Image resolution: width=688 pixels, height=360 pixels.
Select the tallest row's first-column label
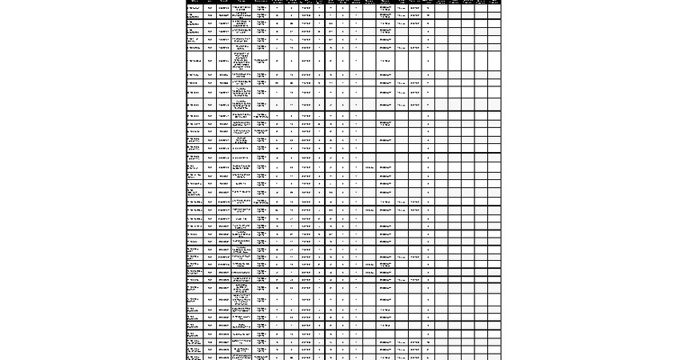point(194,60)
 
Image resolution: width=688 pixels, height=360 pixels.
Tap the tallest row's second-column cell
point(210,60)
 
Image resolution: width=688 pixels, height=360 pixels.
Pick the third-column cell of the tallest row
point(223,60)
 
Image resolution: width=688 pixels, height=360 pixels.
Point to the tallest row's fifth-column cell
point(262,60)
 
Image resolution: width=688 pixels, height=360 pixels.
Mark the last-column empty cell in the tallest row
point(494,60)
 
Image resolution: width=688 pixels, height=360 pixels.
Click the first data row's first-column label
point(194,7)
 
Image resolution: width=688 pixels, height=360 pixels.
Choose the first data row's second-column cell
point(210,7)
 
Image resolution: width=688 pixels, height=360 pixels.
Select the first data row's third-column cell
point(223,7)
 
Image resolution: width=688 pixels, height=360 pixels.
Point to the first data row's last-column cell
point(494,7)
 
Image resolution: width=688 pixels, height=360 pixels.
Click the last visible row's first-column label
point(194,357)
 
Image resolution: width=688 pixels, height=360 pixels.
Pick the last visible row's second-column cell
point(210,357)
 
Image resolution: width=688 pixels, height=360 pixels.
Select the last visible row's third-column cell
point(223,357)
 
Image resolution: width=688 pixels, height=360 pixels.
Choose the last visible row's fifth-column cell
point(262,357)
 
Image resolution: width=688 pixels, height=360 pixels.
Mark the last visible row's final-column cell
point(494,357)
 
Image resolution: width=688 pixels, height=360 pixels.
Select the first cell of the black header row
point(194,2)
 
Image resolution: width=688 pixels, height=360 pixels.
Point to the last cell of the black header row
point(494,2)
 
